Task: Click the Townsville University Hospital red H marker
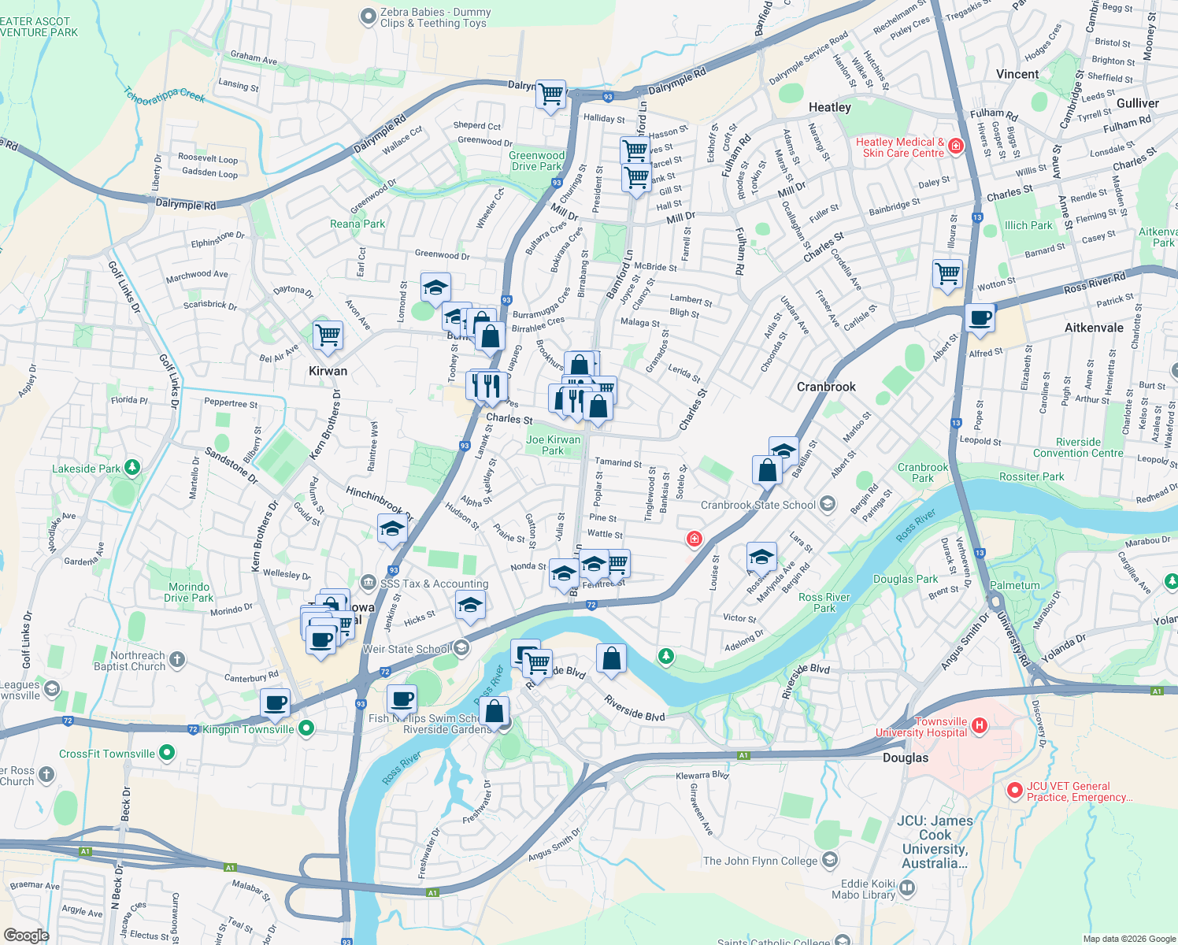click(x=979, y=725)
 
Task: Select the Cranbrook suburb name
click(x=825, y=387)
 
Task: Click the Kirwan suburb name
click(x=328, y=371)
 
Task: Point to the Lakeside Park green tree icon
click(x=132, y=468)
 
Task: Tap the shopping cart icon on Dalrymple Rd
click(x=550, y=94)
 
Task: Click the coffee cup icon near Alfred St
click(x=980, y=318)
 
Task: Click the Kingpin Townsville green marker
click(x=306, y=728)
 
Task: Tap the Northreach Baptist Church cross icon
click(x=177, y=660)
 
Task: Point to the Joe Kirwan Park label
click(x=553, y=445)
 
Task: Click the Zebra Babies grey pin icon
click(x=368, y=17)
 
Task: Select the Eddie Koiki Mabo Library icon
click(x=907, y=888)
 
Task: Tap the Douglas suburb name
click(x=905, y=758)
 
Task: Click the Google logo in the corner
click(x=26, y=935)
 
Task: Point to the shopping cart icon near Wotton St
click(x=947, y=274)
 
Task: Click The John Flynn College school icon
click(x=829, y=860)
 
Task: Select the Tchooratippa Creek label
click(x=165, y=95)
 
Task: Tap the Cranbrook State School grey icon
click(x=827, y=504)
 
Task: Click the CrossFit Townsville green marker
click(x=166, y=753)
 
